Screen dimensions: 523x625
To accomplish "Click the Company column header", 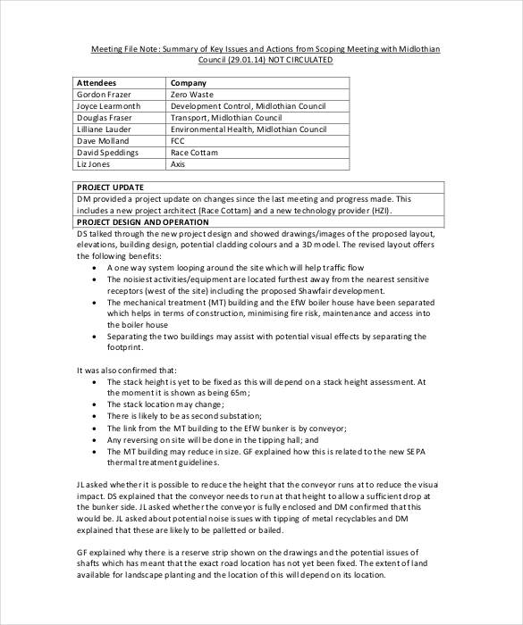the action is (189, 82).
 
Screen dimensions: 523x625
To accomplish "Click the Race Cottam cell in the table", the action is (195, 153).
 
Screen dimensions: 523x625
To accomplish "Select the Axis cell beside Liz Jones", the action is (178, 164).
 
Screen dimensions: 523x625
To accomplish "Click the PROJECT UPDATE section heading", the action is (111, 187).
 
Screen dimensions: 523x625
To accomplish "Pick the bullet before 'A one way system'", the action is (95, 267).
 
